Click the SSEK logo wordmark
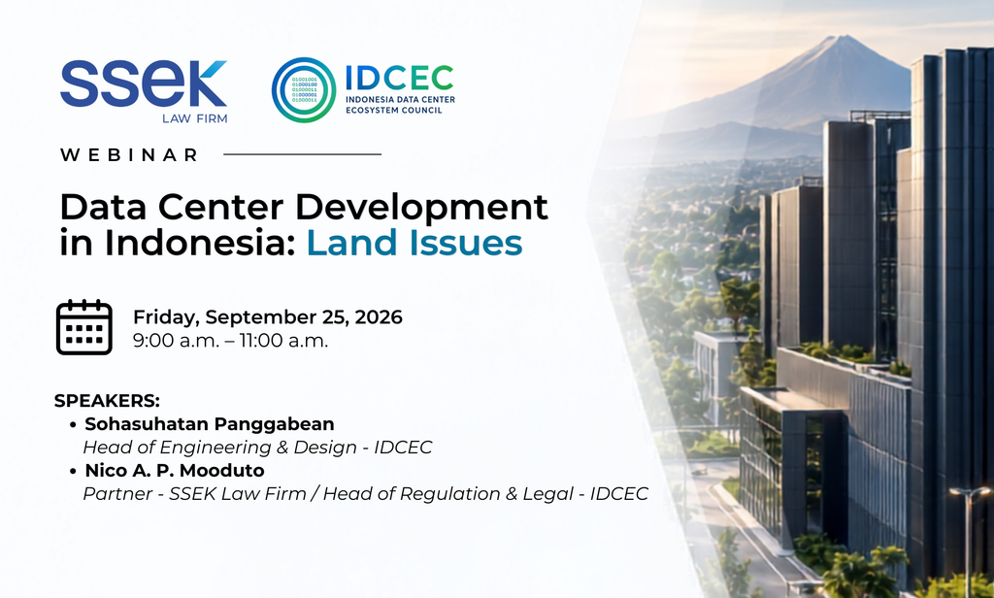pos(144,83)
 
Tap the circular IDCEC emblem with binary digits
pos(304,89)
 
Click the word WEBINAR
pos(129,154)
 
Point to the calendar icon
pos(84,327)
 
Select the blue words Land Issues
pos(414,243)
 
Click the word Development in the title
pos(421,208)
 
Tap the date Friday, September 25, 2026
pos(268,317)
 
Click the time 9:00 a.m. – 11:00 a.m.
pos(231,341)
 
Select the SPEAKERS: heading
pos(107,401)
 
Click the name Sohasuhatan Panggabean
pos(210,423)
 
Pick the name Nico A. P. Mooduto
pos(175,471)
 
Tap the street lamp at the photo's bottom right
pos(969,539)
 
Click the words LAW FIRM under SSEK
pos(194,118)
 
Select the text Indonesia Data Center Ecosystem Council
pos(400,105)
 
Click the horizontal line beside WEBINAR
pos(303,154)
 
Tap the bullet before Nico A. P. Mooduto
pos(74,471)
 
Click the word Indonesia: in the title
pos(200,243)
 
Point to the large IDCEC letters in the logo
pos(399,78)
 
